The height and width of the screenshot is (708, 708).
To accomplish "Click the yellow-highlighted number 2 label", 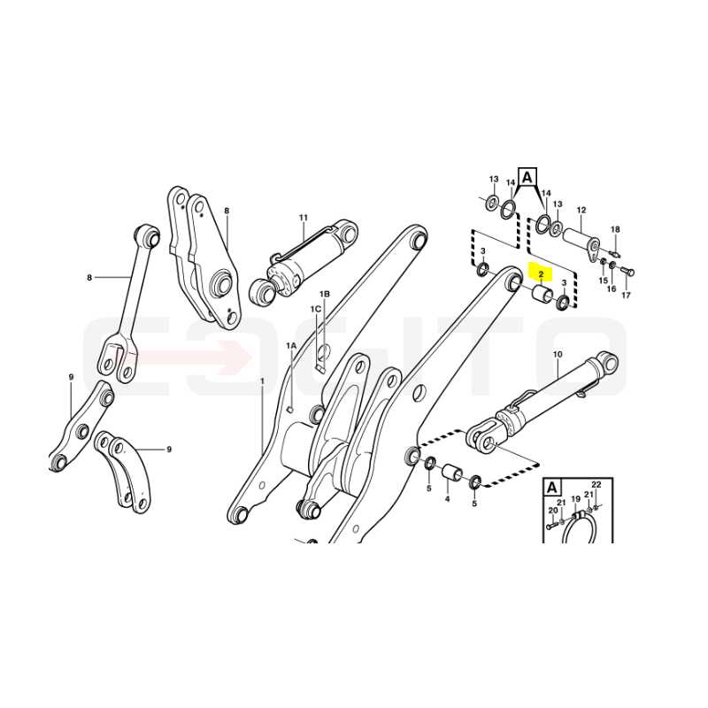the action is click(541, 273).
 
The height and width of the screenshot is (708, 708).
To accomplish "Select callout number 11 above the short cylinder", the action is click(303, 217).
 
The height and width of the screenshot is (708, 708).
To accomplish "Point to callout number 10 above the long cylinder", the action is click(558, 355).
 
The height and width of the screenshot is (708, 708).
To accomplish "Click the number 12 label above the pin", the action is click(581, 210).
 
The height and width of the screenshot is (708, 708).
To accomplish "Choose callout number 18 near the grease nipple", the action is click(615, 229).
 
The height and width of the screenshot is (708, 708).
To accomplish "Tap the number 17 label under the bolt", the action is click(626, 296).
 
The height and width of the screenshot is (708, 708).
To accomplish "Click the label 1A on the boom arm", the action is click(291, 345).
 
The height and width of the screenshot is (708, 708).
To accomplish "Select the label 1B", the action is click(325, 294).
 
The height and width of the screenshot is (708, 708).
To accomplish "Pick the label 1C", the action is click(316, 309).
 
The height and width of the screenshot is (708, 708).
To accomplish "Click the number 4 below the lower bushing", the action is click(447, 499).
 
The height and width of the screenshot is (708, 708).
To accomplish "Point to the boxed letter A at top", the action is click(527, 178).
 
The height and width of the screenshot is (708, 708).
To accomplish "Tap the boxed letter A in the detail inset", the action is click(551, 488).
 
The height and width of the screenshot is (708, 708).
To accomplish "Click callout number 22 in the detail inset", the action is click(596, 484).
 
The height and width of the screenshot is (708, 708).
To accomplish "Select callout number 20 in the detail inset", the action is click(553, 511).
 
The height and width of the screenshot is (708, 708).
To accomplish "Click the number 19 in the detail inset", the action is click(575, 499).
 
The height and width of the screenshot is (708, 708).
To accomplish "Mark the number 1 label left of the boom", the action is click(262, 381).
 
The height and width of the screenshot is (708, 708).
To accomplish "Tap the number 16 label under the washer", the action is click(612, 289).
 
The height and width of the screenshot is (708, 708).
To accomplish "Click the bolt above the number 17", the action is click(627, 273).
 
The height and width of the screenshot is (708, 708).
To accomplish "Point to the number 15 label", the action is click(604, 281).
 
